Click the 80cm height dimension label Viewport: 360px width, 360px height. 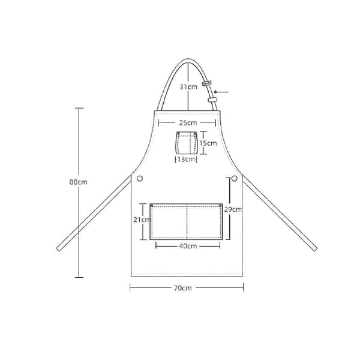78,182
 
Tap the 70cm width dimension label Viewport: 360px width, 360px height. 183,288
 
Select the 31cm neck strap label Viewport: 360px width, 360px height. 188,87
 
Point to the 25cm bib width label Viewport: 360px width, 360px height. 188,123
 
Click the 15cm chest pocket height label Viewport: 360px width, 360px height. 208,143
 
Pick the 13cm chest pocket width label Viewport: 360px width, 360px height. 186,159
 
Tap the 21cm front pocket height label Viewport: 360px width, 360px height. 142,220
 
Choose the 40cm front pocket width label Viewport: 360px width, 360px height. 188,246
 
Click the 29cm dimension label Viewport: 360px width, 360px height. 233,209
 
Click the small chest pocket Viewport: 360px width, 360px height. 187,143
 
